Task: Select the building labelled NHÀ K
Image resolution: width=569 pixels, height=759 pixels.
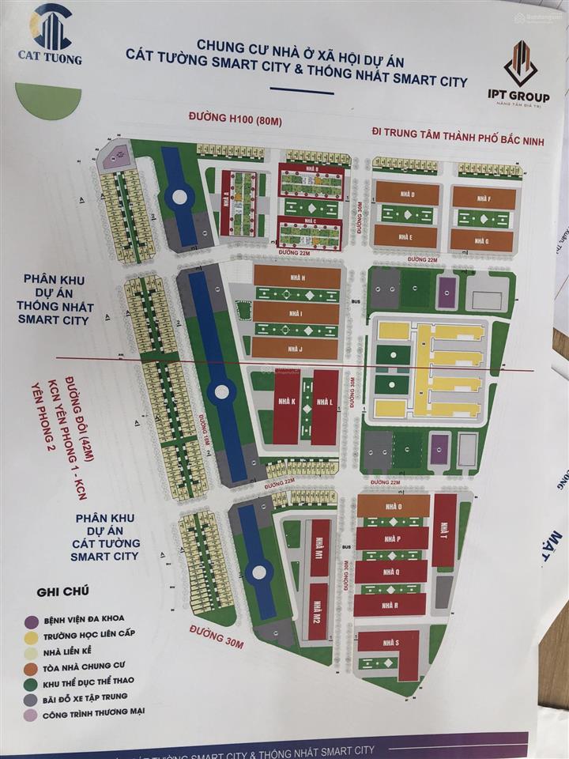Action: coord(286,405)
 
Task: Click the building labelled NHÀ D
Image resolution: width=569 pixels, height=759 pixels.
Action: coord(406,193)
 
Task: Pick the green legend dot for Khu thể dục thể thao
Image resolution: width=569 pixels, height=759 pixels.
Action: coord(30,681)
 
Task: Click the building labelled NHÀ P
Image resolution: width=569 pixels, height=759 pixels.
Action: coord(391,538)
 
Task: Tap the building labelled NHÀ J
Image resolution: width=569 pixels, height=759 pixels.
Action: coord(297,349)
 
